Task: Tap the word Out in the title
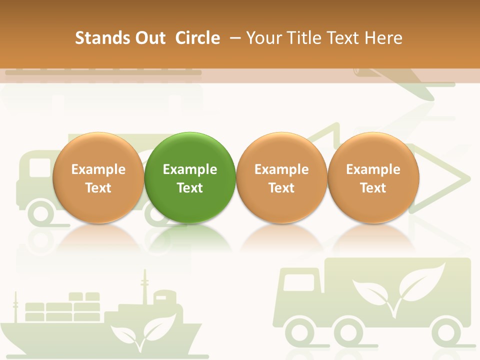(148, 38)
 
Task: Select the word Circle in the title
(197, 38)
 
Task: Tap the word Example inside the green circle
(190, 169)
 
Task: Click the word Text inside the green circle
(190, 188)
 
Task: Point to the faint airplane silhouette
(400, 80)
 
